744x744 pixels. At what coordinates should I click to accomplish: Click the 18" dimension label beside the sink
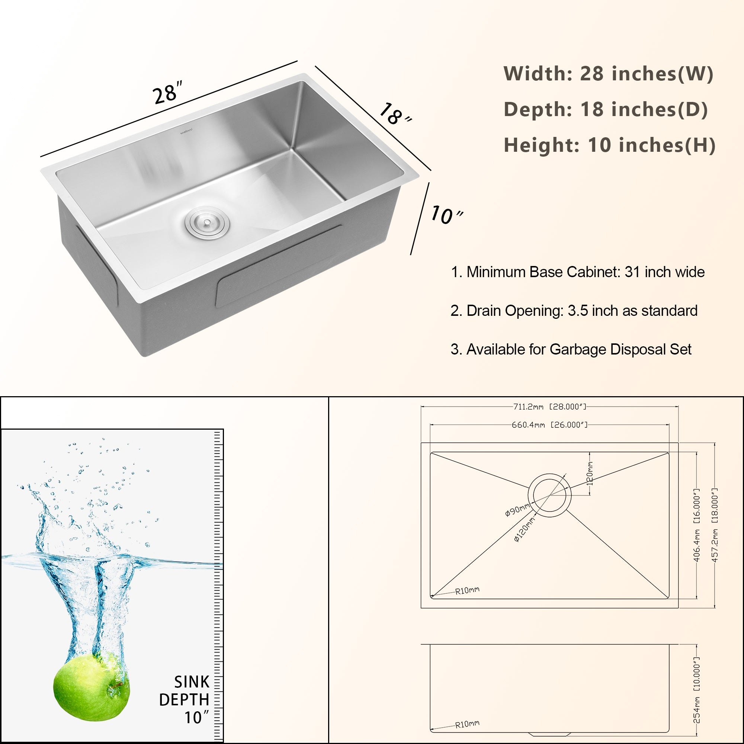coord(394,115)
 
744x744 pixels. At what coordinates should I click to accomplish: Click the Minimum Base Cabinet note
coord(577,272)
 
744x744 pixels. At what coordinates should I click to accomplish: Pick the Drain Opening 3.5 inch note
coord(574,310)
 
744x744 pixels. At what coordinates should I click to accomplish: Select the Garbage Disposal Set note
coord(571,349)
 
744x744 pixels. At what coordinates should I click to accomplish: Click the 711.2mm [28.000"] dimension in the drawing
coord(549,407)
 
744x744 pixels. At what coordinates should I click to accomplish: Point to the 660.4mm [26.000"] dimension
coord(549,425)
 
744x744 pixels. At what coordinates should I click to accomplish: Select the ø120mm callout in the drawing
coord(525,529)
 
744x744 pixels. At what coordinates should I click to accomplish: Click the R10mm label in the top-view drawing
coord(467,590)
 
